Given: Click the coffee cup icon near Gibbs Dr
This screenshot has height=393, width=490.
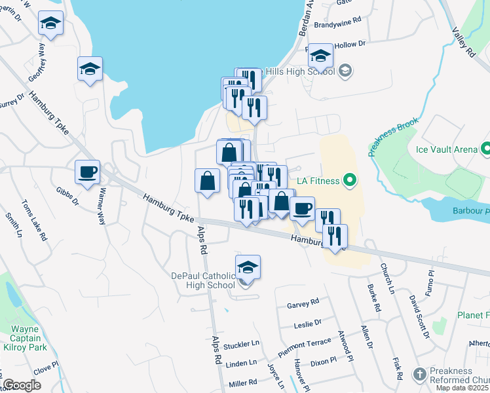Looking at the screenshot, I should click(87, 172).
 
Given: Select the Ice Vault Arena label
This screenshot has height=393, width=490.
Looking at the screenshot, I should click(447, 149).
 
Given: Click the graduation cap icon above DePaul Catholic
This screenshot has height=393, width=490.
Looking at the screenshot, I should click(248, 267).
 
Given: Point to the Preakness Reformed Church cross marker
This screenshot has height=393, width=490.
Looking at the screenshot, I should click(419, 375).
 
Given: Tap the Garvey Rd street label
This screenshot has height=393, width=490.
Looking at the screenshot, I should click(303, 303).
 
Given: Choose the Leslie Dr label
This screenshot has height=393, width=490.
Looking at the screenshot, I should click(309, 322).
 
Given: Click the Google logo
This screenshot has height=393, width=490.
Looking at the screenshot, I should click(22, 385).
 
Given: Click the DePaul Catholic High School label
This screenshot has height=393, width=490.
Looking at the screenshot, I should click(202, 280).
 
